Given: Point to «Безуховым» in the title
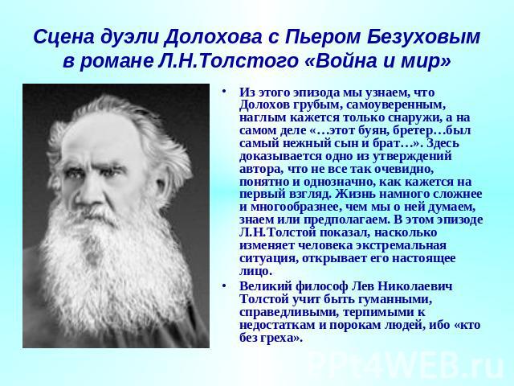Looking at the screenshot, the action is click(423, 38).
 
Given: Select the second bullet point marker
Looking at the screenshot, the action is click(224, 286).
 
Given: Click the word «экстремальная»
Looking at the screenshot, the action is click(401, 246).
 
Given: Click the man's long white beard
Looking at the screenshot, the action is click(112, 263).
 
